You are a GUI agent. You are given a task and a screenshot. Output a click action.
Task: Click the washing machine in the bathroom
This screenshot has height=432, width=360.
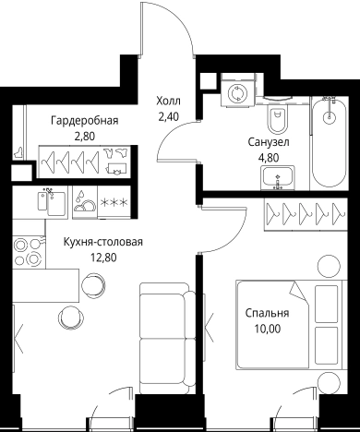pyautogui.click(x=240, y=91)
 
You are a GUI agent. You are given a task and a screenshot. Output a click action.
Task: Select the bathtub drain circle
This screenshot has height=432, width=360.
pyautogui.click(x=328, y=117)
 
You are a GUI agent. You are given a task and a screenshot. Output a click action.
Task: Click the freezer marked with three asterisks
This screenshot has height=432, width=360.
pyautogui.click(x=114, y=203)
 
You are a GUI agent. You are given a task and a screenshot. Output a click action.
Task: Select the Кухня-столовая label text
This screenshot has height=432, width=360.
pyautogui.click(x=102, y=243)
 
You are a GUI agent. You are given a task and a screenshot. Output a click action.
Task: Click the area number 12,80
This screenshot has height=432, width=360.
pyautogui.click(x=102, y=258)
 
